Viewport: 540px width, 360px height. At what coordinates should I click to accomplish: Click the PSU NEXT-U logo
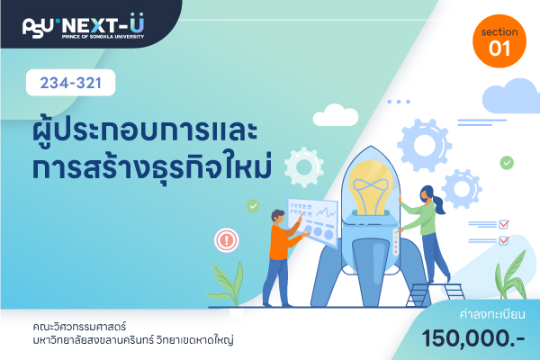83,26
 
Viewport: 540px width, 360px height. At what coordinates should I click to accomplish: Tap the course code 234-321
70,83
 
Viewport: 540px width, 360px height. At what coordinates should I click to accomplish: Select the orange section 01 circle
499,41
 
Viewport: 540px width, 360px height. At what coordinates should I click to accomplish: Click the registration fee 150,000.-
473,338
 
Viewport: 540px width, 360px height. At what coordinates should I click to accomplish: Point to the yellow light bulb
371,188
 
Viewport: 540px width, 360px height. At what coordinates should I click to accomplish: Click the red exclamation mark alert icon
226,240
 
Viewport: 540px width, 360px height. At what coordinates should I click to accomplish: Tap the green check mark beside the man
253,206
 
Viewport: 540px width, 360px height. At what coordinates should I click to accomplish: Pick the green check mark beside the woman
507,163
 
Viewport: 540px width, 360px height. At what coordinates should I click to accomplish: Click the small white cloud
336,115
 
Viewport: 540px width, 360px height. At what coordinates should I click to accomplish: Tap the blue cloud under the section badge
511,96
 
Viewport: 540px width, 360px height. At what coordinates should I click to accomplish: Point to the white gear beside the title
304,167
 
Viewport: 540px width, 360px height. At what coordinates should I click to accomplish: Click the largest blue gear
424,145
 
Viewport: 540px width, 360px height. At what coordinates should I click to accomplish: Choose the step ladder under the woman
436,294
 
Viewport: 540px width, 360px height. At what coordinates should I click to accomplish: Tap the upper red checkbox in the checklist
503,224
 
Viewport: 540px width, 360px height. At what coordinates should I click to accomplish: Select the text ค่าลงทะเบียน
492,314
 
